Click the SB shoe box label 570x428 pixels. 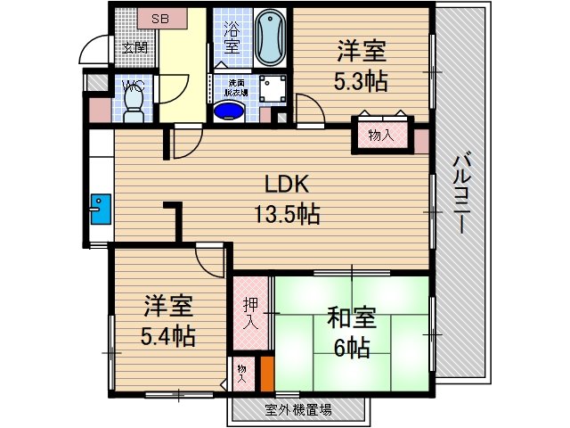pos(159,18)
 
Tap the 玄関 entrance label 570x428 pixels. pos(134,48)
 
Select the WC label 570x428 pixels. pos(133,86)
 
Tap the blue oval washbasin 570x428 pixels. pos(230,111)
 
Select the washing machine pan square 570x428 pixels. pos(271,87)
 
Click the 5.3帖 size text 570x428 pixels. pos(361,80)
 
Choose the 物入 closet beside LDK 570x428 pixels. pos(381,136)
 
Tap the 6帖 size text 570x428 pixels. pos(352,349)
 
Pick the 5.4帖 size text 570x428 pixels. pos(167,336)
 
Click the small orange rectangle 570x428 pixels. pos(266,374)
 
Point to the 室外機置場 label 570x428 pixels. pos(298,410)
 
